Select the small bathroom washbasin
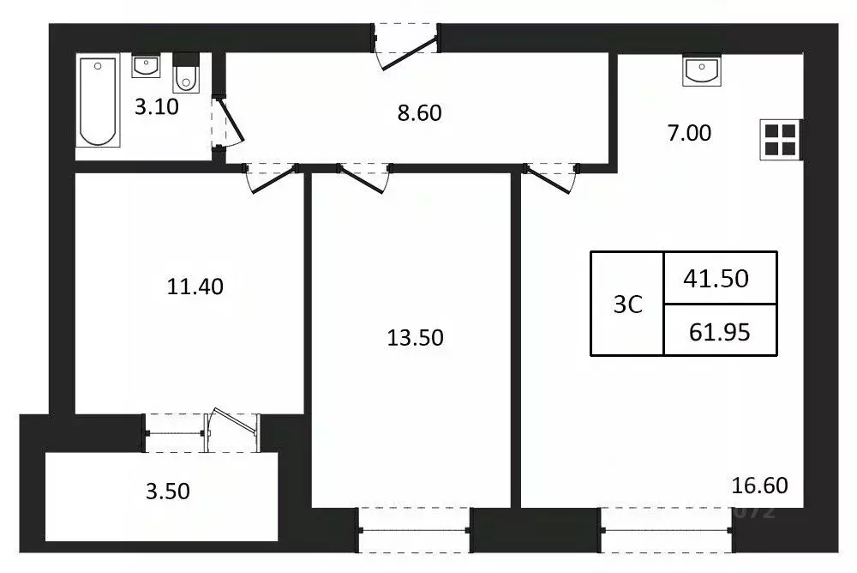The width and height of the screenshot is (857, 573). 145,66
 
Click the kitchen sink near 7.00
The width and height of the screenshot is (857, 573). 703,70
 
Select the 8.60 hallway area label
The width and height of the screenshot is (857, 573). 420,112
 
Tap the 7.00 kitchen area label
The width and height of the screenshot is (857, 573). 689,133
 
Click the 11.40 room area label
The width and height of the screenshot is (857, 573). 195,286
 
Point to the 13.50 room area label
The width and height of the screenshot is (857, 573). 415,337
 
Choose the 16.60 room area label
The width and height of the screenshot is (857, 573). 759,486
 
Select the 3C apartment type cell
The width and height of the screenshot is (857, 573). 627,305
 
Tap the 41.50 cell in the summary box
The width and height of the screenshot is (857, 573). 719,278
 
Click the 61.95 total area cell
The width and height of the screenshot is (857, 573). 719,330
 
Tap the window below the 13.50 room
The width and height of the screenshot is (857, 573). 414,529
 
